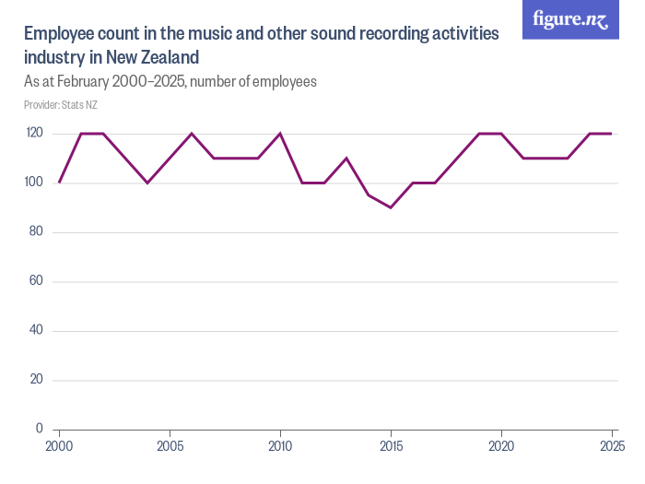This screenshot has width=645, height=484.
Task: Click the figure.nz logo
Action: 571,19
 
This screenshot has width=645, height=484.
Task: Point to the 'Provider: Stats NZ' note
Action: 61,105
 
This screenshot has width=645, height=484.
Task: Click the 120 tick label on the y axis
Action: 34,133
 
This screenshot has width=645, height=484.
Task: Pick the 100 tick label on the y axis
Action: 34,183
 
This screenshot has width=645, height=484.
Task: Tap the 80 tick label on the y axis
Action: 37,231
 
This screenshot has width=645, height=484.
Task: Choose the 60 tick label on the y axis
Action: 37,281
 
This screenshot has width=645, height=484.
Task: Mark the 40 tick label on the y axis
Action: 37,330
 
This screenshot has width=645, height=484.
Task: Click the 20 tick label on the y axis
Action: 37,380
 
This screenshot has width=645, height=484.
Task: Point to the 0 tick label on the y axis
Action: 40,429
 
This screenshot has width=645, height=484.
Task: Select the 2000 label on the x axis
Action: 60,447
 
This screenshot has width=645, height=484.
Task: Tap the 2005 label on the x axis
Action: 170,447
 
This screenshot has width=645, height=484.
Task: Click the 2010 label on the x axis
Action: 280,447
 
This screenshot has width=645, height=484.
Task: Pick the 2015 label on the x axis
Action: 391,447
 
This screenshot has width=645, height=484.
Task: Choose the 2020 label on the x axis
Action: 501,447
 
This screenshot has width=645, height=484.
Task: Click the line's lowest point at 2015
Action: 391,207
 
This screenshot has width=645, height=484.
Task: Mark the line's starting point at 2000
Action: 60,183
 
